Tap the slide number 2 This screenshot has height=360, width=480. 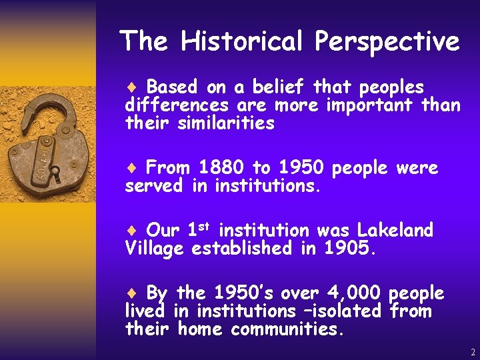(x=473, y=352)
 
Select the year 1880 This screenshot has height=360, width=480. (x=221, y=167)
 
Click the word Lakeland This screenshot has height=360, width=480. (x=395, y=231)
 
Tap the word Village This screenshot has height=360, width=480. (x=155, y=249)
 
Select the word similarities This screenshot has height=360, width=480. (x=226, y=123)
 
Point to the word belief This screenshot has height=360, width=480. (x=277, y=87)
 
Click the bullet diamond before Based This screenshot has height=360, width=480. (x=131, y=87)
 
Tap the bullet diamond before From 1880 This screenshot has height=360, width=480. (x=131, y=168)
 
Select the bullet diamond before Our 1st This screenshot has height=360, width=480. (x=131, y=231)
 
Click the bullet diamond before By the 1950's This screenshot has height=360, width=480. (x=131, y=293)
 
